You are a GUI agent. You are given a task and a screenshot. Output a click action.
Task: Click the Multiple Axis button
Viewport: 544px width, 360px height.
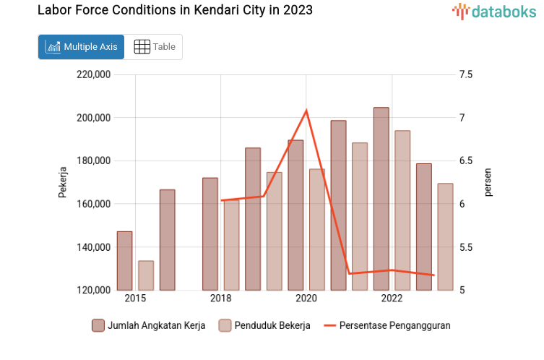click(x=81, y=47)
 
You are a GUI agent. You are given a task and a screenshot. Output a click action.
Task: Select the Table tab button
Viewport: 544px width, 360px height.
click(x=155, y=47)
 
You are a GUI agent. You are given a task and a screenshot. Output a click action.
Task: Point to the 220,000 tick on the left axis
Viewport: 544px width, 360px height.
click(x=92, y=74)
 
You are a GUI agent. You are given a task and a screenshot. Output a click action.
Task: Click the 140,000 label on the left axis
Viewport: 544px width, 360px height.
click(x=92, y=247)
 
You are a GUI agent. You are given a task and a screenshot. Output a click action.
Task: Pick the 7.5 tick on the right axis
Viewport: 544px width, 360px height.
click(x=465, y=74)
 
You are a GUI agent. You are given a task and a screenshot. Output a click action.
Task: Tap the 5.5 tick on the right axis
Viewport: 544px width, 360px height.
click(x=465, y=247)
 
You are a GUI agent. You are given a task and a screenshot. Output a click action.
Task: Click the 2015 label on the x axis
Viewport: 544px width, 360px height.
click(x=135, y=299)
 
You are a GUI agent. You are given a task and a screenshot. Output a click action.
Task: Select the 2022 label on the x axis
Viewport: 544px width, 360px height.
click(x=392, y=299)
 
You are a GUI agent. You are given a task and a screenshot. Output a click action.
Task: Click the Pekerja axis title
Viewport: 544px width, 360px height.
click(x=63, y=182)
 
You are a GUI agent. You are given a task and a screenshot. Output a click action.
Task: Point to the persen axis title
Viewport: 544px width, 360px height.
click(x=488, y=182)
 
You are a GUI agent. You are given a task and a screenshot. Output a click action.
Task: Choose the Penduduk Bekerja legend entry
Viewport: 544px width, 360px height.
click(x=264, y=325)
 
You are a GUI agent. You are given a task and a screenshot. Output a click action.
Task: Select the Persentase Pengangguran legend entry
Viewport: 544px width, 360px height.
click(x=387, y=325)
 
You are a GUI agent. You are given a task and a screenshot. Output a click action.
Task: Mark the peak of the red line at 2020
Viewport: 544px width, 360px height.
click(x=306, y=111)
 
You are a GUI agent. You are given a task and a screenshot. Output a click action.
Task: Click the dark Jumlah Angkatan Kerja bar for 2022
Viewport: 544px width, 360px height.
click(x=381, y=199)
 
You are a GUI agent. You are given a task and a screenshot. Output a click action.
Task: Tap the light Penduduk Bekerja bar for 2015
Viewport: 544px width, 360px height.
click(x=146, y=275)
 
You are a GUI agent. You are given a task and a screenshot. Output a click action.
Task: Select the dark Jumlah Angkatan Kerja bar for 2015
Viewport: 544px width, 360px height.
click(x=124, y=261)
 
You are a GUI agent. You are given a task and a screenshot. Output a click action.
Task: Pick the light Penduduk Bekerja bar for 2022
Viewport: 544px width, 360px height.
click(x=402, y=210)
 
